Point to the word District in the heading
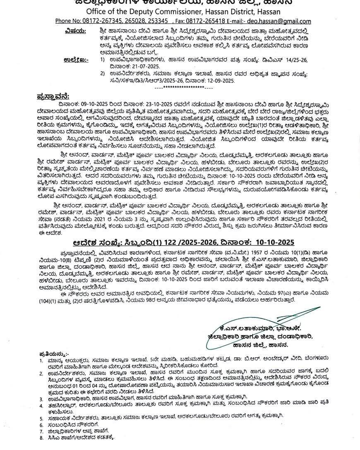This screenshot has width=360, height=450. (x=250, y=12)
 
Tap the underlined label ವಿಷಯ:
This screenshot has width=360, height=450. (x=75, y=31)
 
